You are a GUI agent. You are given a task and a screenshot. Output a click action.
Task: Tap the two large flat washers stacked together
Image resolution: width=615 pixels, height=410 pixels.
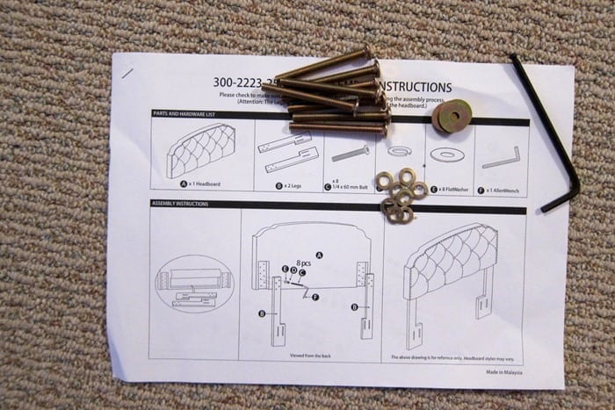coord(451,116)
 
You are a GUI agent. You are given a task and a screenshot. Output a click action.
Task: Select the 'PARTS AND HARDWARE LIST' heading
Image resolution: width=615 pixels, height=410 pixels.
coord(189,114)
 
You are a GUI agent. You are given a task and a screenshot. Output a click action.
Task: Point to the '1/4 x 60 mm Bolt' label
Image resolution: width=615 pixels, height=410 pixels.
coord(348,183)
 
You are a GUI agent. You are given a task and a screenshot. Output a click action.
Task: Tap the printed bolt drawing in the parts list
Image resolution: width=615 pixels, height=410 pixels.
coord(350,153)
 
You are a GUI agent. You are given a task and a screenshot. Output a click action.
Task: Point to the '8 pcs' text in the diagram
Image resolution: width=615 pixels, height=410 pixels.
coord(304,263)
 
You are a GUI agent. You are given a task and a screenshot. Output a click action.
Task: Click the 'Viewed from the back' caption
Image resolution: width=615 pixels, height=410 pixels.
coord(311,356)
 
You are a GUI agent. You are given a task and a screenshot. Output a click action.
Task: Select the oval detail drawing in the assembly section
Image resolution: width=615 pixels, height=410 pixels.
coord(194,282)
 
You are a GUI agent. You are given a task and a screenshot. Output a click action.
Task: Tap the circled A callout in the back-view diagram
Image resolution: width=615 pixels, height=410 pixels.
coord(319,255)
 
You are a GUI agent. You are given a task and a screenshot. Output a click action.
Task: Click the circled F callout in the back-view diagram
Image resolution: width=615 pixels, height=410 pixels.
coord(315,298)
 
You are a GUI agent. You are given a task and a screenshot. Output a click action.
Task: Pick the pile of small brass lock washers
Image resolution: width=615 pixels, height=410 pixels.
coord(400,195)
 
